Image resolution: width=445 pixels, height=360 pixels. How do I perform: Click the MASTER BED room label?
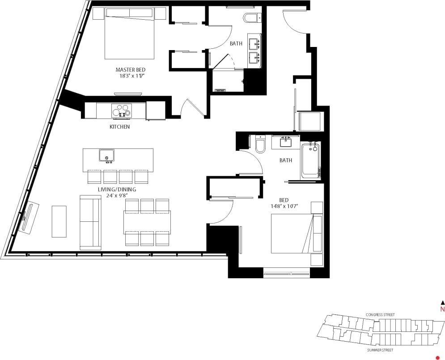[130, 70]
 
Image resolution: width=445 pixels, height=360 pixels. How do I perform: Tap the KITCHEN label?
[120, 127]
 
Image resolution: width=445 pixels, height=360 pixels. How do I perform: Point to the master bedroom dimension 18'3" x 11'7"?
[130, 76]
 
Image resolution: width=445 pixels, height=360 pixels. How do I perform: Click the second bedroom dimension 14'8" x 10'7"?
[284, 207]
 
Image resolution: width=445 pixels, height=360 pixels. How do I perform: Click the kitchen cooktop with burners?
[121, 110]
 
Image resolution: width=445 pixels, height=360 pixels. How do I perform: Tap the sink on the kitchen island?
[106, 155]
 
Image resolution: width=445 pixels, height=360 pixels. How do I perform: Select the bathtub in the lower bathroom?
[311, 160]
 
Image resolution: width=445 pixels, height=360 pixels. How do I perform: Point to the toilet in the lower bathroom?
[260, 145]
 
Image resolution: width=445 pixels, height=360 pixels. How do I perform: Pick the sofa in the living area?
[90, 222]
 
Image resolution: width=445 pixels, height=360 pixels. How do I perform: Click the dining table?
[147, 222]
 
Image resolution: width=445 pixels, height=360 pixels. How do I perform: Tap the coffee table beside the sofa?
[59, 221]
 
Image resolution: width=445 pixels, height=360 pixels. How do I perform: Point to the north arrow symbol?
[443, 303]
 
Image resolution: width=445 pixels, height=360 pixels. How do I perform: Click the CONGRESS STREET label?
[380, 315]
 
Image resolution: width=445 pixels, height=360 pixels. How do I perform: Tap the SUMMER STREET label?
[380, 350]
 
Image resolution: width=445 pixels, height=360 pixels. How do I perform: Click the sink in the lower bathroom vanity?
[285, 142]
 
